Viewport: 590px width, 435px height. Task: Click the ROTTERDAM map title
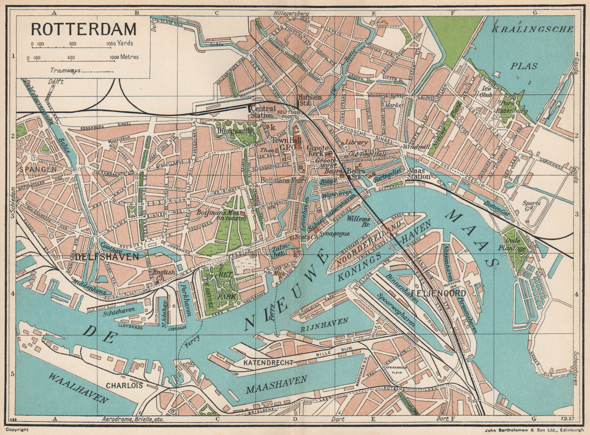pyautogui.click(x=83, y=28)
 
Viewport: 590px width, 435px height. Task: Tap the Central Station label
pyautogui.click(x=263, y=112)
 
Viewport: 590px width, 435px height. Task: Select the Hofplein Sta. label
pyautogui.click(x=310, y=100)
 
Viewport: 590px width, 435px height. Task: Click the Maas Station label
pyautogui.click(x=419, y=174)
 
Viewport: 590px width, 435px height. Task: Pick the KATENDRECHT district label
pyautogui.click(x=268, y=363)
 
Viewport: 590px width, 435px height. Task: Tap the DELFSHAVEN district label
pyautogui.click(x=107, y=257)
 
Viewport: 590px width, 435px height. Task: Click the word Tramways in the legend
pyautogui.click(x=65, y=70)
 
